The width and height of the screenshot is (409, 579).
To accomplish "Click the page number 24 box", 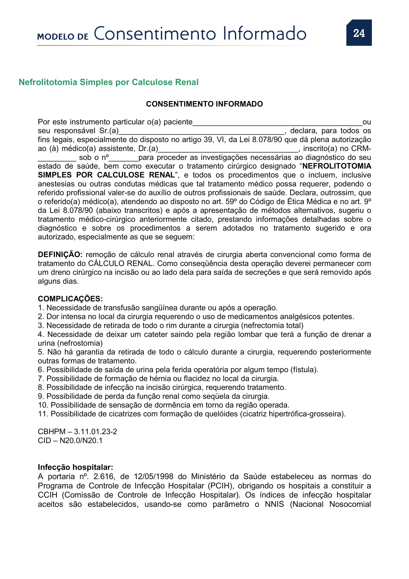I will pos(359,33).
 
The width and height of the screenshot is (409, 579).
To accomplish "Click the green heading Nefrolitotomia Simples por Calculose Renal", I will pos(109,82).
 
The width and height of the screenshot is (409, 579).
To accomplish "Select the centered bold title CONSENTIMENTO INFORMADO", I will pos(204,104).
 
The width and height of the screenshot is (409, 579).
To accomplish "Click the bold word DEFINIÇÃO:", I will pos(60,254).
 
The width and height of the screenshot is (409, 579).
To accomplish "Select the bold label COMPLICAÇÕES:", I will pos(70,299).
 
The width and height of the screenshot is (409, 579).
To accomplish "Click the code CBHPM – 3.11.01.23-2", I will pos(77,431).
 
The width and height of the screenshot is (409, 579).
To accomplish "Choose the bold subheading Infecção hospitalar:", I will pos(75,467).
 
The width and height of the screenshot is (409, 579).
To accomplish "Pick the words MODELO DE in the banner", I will pos(63,37).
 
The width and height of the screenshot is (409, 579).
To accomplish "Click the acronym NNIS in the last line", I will pos(274,504).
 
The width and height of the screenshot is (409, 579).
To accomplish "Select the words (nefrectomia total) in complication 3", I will pos(272,326).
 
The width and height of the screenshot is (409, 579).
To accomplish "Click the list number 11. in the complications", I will pos(43,414).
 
